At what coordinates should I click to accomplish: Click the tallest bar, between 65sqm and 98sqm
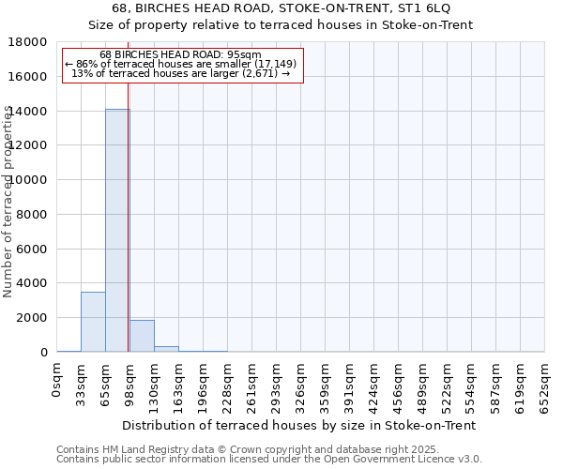116,230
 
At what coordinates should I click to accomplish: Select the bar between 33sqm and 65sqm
93,322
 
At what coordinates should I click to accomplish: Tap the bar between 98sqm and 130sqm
142,336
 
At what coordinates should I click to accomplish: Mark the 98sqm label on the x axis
130,383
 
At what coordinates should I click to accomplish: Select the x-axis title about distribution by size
299,425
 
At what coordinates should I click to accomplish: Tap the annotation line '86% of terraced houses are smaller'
183,64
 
